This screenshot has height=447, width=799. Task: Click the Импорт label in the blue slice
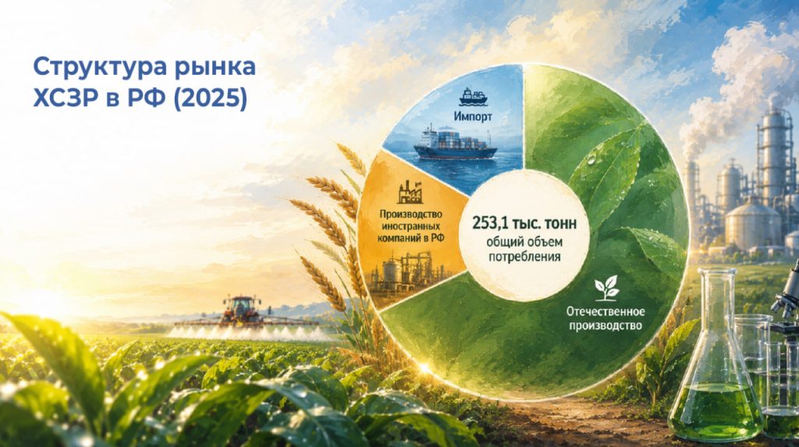[x=473, y=117]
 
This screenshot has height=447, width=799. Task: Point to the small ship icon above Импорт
[x=473, y=98]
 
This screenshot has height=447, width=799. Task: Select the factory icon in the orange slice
[x=410, y=193]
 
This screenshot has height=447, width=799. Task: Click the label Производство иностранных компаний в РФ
[x=410, y=225]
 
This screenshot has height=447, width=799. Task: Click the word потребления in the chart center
[x=524, y=257]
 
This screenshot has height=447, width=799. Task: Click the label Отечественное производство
[x=605, y=318]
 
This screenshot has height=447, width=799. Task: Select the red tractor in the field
[x=240, y=309]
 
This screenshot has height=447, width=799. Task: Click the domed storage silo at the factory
[x=752, y=223]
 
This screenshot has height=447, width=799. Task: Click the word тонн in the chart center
[x=559, y=223]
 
